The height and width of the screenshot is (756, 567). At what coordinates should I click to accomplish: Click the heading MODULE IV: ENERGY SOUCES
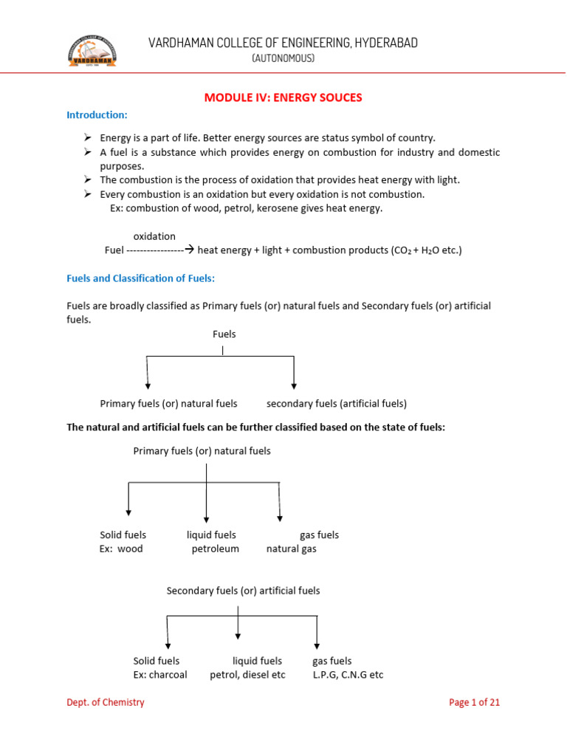pos(283,97)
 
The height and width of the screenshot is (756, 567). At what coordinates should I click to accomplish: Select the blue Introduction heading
pos(97,115)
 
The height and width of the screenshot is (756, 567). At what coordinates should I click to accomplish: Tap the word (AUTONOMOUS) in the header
pos(283,58)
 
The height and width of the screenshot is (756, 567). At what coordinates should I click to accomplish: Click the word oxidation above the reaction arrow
pos(154,236)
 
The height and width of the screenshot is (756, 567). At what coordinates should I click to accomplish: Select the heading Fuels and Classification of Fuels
pos(140,278)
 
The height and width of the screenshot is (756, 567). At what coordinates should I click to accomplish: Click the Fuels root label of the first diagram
pos(224,334)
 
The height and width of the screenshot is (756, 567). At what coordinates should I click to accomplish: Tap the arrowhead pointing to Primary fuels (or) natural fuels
pos(148,385)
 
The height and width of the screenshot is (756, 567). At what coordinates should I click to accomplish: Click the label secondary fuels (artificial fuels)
pos(337,404)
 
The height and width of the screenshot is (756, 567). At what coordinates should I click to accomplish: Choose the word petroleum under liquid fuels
pos(216,549)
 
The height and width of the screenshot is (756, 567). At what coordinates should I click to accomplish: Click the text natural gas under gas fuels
pos(292,549)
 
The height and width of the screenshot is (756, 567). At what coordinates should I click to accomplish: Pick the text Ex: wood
pos(121,549)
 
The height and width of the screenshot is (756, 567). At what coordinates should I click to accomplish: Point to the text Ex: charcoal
pos(160,675)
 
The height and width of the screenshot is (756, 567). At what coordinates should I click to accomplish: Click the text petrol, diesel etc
pos(247,675)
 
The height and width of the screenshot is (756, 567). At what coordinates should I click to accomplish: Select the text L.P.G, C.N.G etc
pos(348,675)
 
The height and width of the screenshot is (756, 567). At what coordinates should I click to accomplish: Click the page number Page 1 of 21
pos(475,703)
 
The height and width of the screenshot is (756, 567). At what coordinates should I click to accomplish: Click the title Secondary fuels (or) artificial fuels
pos(243,591)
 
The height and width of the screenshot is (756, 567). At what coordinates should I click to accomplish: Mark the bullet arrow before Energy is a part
pos(87,138)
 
